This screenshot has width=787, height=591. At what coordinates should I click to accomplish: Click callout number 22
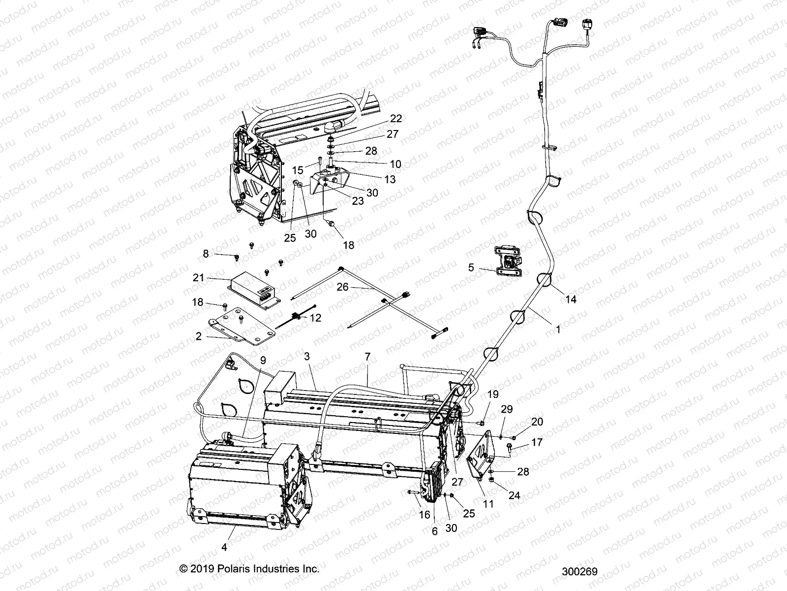point(396,118)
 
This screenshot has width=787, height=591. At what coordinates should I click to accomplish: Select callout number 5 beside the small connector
point(471,267)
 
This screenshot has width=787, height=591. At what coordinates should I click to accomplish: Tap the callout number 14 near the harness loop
point(571,299)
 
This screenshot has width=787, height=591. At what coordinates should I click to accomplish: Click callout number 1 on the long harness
point(558,330)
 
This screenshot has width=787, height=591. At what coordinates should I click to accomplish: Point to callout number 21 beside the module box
point(198,278)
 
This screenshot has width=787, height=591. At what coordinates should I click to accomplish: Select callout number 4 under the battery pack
point(225,546)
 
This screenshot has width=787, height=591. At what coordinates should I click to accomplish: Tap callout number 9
point(263,360)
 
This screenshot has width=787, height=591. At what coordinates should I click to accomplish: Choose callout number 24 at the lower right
point(514,495)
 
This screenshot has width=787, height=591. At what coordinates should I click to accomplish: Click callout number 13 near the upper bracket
point(390,180)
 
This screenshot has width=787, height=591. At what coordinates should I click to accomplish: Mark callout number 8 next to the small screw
point(206,254)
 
